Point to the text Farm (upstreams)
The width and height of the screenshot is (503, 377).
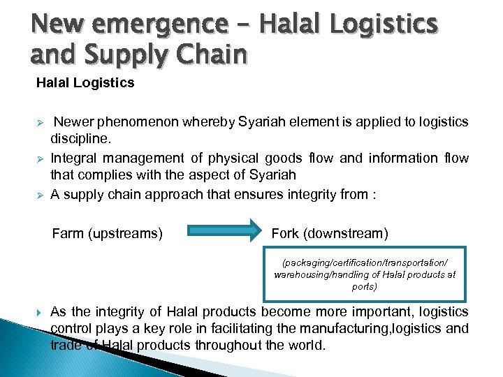(x=108, y=233)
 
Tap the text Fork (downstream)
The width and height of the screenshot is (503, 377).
(x=330, y=233)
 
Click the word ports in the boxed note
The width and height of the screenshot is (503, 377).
(x=365, y=286)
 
